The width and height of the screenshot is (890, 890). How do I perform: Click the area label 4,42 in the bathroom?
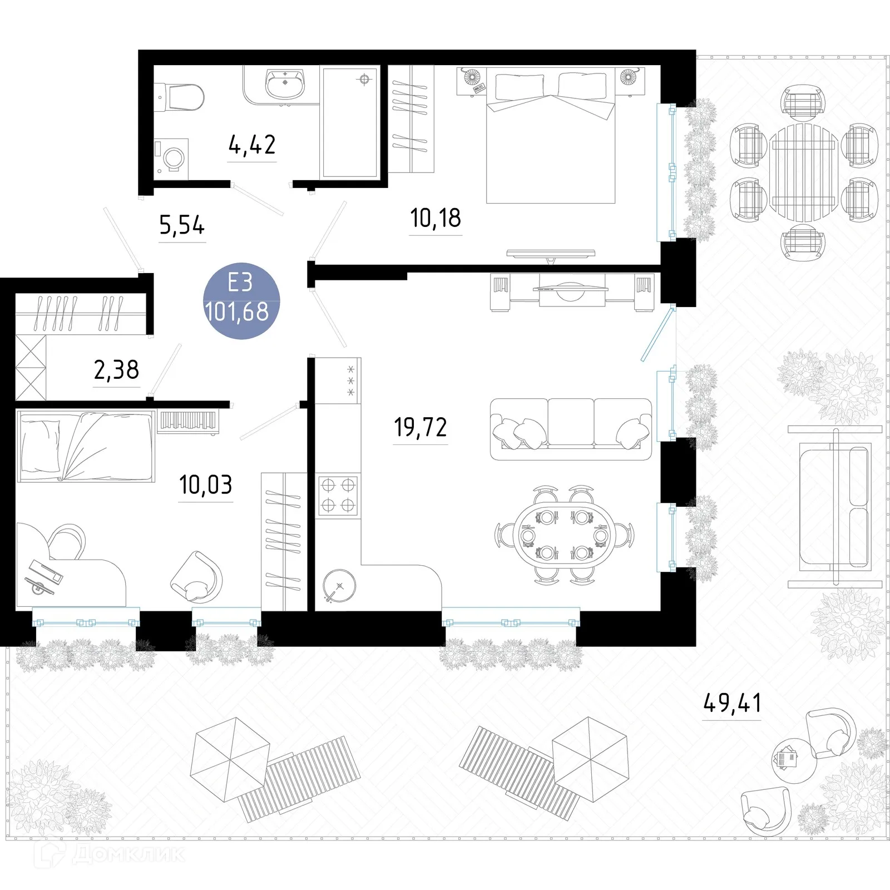(x=252, y=145)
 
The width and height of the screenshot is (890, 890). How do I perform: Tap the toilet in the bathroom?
(x=181, y=97)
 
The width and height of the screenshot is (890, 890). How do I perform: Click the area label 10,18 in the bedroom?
(x=436, y=218)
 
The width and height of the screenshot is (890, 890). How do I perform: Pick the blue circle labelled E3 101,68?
(x=241, y=301)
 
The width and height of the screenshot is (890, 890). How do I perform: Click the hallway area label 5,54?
(x=182, y=225)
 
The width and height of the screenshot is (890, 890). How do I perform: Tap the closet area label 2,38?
(x=116, y=369)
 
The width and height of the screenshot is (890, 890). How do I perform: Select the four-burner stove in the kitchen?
(x=338, y=495)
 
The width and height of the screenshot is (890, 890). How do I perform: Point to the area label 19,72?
(x=421, y=427)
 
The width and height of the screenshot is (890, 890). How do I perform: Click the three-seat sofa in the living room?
(x=571, y=428)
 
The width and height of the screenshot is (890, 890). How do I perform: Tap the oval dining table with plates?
(x=565, y=535)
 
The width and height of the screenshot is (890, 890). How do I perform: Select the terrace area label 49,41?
(x=732, y=703)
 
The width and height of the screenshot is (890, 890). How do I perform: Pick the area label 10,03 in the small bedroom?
(x=206, y=485)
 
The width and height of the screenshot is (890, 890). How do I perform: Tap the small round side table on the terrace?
(x=794, y=761)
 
